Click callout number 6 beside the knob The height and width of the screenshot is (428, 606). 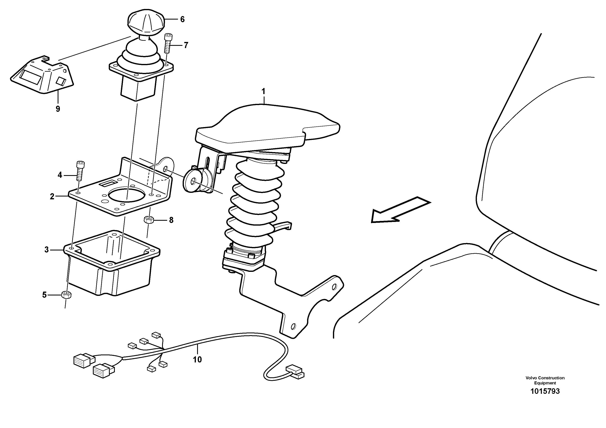pyautogui.click(x=182, y=19)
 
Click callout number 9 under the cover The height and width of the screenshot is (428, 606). pyautogui.click(x=58, y=109)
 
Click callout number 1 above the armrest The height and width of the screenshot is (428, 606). pyautogui.click(x=263, y=92)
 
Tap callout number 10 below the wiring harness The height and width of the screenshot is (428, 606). pyautogui.click(x=197, y=359)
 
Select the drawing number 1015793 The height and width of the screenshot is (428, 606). pyautogui.click(x=545, y=391)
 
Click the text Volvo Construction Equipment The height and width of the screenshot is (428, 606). pyautogui.click(x=545, y=380)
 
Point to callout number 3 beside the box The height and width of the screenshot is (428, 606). pyautogui.click(x=46, y=250)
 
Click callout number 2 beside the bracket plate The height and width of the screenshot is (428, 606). pyautogui.click(x=52, y=196)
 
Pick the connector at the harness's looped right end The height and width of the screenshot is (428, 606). pyautogui.click(x=295, y=372)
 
